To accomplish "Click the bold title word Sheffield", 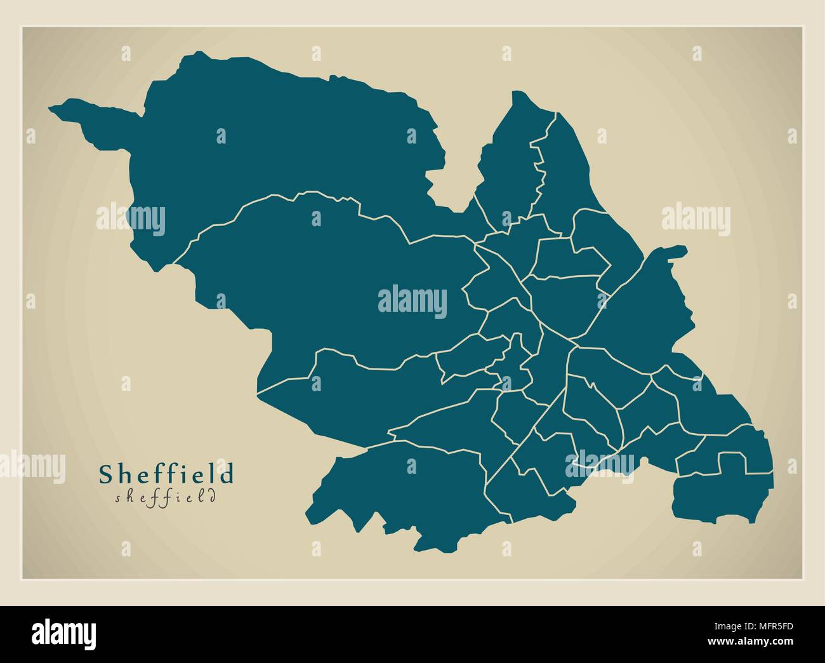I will tap(166, 474).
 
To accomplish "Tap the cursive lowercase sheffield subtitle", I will tap(166, 497).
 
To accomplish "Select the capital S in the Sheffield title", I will tap(106, 474).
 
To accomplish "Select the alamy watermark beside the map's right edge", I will tap(696, 218).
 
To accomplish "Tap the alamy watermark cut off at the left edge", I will tap(32, 464).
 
